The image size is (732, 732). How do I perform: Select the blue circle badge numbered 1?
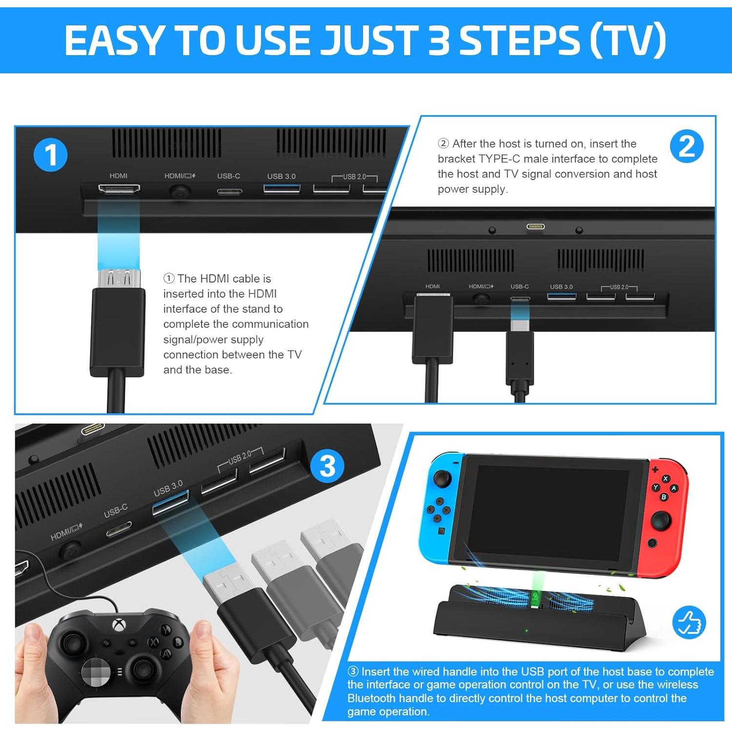pos(50,155)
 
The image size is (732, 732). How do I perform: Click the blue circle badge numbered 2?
pos(686,146)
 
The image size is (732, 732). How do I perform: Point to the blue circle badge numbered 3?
pos(327,466)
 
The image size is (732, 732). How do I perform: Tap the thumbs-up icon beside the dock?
pos(689,622)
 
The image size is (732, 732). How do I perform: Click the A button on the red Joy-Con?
pos(673,488)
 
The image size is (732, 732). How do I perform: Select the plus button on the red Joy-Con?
pos(655,469)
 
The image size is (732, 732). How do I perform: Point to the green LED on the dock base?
pos(526,630)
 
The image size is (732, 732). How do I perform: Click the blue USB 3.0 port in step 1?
pos(282,188)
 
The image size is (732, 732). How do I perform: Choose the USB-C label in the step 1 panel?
pos(228,176)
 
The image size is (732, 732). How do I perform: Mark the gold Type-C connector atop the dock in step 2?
pos(535,226)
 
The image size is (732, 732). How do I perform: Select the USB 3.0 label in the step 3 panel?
pos(168,488)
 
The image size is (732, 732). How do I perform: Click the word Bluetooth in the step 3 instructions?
pos(371,698)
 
